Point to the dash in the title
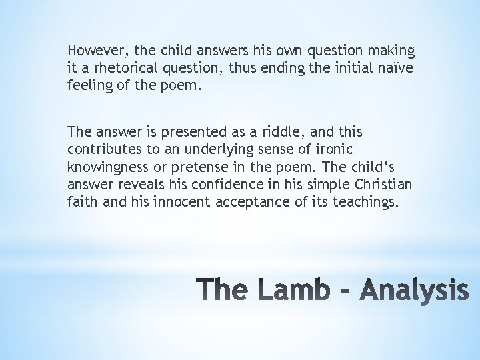pyautogui.click(x=347, y=291)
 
